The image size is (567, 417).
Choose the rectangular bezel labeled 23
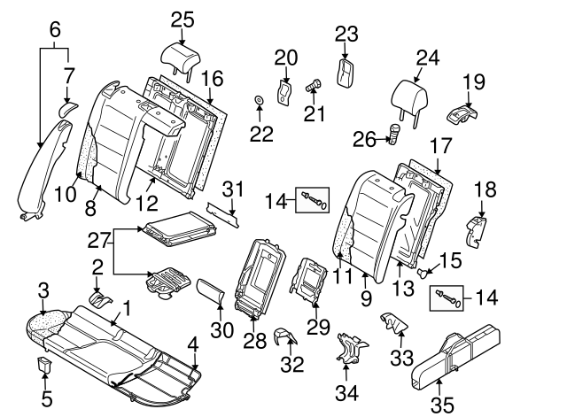click(x=346, y=70)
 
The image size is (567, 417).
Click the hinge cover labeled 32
click(x=285, y=336)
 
